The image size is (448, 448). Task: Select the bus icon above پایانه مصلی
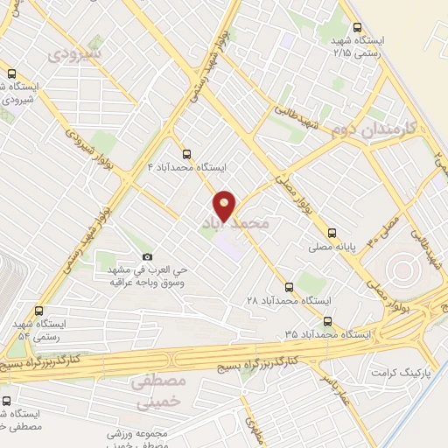point(331,234)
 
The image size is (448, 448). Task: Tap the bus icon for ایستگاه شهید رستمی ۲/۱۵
point(356,27)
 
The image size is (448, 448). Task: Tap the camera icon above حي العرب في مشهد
point(147,257)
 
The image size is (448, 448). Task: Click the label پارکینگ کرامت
point(377,373)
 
